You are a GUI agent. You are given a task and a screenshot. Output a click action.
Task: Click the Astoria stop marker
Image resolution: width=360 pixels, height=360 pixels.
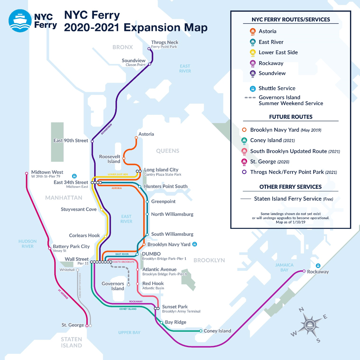pos(136,138)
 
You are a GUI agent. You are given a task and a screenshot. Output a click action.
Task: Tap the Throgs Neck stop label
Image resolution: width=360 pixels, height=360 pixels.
pos(165,42)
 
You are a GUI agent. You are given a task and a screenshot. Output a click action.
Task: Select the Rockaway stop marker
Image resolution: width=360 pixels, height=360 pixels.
pos(304,271)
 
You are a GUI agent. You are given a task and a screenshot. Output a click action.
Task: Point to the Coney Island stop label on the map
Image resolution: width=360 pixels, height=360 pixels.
pos(217,331)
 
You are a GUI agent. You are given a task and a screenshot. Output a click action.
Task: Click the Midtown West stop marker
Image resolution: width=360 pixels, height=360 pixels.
pos(26,173)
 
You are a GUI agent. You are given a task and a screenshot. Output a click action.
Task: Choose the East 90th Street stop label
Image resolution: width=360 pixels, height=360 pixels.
pos(71,141)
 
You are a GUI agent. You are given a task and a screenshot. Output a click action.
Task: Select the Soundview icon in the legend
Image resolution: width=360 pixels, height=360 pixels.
pos(253,73)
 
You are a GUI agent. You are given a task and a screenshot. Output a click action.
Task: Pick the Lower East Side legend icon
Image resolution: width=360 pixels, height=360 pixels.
pos(253,53)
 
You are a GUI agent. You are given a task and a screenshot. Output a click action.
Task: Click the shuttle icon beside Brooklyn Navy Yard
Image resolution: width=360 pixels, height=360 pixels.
pos(195,244)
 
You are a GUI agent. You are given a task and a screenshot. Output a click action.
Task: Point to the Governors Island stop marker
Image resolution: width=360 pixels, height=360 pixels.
pos(128,284)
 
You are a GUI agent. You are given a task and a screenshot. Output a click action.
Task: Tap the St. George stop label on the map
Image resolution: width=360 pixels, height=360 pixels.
pos(73,325)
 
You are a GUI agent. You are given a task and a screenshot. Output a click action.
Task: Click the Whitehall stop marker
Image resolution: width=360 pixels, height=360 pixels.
pos(78,270)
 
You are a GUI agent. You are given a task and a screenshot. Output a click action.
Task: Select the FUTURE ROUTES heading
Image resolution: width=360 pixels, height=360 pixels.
pos(290,117)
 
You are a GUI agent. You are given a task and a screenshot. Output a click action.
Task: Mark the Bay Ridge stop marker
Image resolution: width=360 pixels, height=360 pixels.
pos(161,322)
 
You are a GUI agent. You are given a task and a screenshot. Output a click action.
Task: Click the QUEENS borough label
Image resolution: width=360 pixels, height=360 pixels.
pos(168,151)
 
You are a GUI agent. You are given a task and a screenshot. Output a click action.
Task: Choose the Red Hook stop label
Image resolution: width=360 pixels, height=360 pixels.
pos(153,283)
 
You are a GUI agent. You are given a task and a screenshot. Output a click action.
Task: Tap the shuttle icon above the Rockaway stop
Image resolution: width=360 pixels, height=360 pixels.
pos(318,266)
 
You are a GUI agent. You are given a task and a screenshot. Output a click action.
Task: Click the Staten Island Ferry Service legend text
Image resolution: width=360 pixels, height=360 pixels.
pos(288,199)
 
